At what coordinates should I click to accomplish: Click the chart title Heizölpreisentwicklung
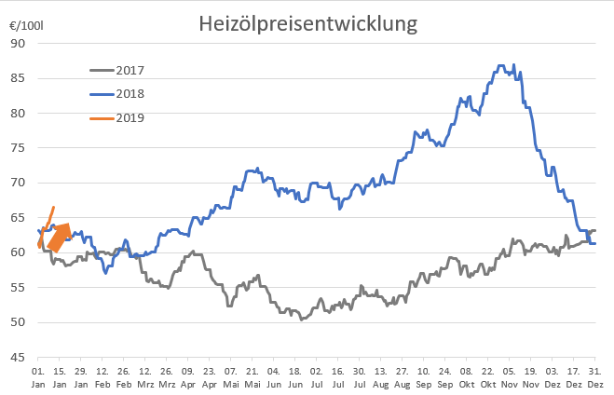(307, 23)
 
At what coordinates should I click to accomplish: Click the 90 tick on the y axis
(19, 43)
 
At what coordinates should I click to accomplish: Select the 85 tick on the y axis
(19, 78)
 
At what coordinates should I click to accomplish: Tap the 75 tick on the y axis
(19, 148)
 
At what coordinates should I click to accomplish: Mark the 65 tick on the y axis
(19, 218)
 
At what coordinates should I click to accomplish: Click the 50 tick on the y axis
(19, 322)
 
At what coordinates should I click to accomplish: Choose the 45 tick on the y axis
(19, 358)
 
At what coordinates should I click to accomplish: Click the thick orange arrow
(59, 238)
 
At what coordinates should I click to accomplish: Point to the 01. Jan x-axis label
(38, 376)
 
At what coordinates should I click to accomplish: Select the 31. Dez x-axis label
(594, 376)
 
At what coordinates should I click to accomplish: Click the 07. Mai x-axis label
(231, 376)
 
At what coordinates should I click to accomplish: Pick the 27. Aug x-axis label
(402, 376)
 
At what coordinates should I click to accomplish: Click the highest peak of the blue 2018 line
(500, 66)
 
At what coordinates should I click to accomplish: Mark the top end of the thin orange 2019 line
(54, 207)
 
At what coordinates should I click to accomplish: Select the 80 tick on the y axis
(19, 113)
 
